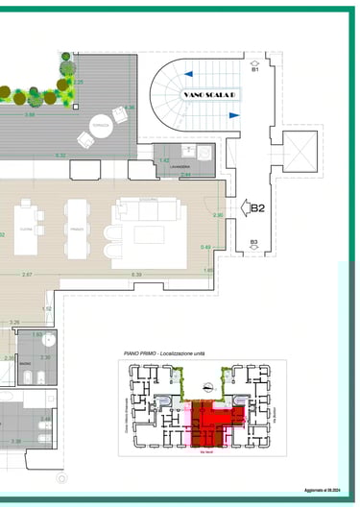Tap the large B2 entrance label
(x=256, y=206)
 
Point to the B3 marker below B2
(x=253, y=242)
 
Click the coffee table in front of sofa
(x=149, y=233)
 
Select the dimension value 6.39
(x=135, y=276)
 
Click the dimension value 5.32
(x=60, y=156)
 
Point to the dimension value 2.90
(x=218, y=216)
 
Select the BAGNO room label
(x=25, y=366)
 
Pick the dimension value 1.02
(x=46, y=308)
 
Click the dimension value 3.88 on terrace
(x=30, y=115)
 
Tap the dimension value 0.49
(x=205, y=248)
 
